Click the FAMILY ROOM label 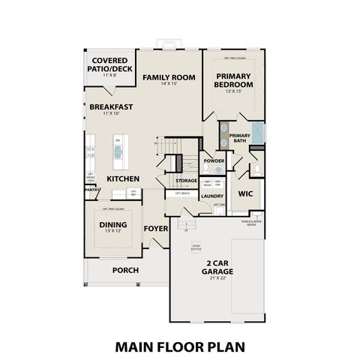169,77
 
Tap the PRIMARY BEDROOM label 235,80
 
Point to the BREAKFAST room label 111,107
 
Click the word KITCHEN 123,179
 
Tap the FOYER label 156,229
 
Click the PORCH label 125,270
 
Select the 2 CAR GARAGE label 217,267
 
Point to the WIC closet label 246,193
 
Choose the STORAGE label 187,181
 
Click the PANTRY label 92,190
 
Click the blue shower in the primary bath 256,133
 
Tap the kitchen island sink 118,150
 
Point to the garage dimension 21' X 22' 216,278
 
